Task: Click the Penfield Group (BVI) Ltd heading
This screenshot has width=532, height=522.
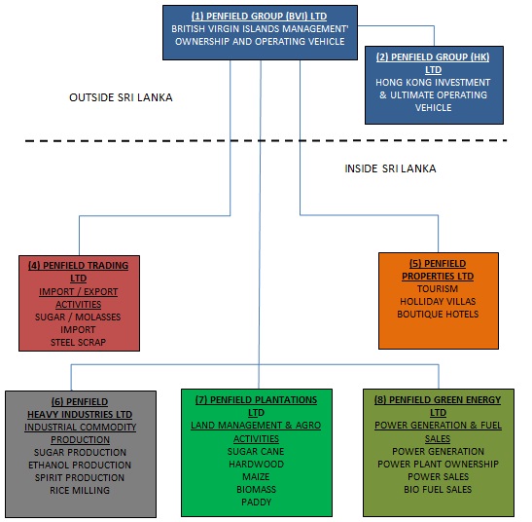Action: click(260, 16)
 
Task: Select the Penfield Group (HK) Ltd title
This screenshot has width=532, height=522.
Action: click(433, 63)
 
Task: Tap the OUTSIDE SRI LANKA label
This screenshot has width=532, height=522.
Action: click(121, 97)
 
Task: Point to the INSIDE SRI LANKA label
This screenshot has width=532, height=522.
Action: click(390, 168)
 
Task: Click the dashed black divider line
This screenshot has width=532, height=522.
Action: click(266, 140)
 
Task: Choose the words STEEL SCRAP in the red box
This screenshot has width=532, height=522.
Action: click(78, 342)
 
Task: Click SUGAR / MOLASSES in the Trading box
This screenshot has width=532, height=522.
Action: click(78, 317)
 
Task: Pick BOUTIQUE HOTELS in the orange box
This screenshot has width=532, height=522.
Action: click(438, 314)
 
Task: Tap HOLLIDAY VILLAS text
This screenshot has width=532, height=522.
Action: click(438, 302)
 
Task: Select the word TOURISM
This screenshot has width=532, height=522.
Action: click(438, 289)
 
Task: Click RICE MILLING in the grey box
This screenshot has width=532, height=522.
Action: click(80, 491)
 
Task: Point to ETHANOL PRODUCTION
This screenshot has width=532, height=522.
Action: click(80, 465)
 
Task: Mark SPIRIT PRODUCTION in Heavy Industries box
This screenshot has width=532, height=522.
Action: click(80, 477)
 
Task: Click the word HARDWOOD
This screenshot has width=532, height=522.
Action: click(256, 465)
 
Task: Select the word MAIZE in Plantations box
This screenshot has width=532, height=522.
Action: click(256, 477)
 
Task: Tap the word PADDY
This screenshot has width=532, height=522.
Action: click(256, 502)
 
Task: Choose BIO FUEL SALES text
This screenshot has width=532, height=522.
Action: click(438, 489)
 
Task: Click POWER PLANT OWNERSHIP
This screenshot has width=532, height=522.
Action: click(438, 465)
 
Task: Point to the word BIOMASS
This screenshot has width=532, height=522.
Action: click(256, 489)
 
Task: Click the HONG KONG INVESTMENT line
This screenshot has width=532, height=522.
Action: click(433, 83)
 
